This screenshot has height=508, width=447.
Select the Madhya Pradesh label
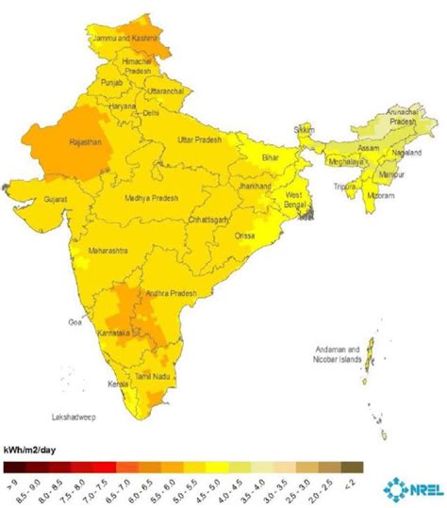tap(154, 199)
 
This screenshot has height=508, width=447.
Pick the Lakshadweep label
tap(77, 415)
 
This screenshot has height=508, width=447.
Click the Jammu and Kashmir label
tap(124, 39)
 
